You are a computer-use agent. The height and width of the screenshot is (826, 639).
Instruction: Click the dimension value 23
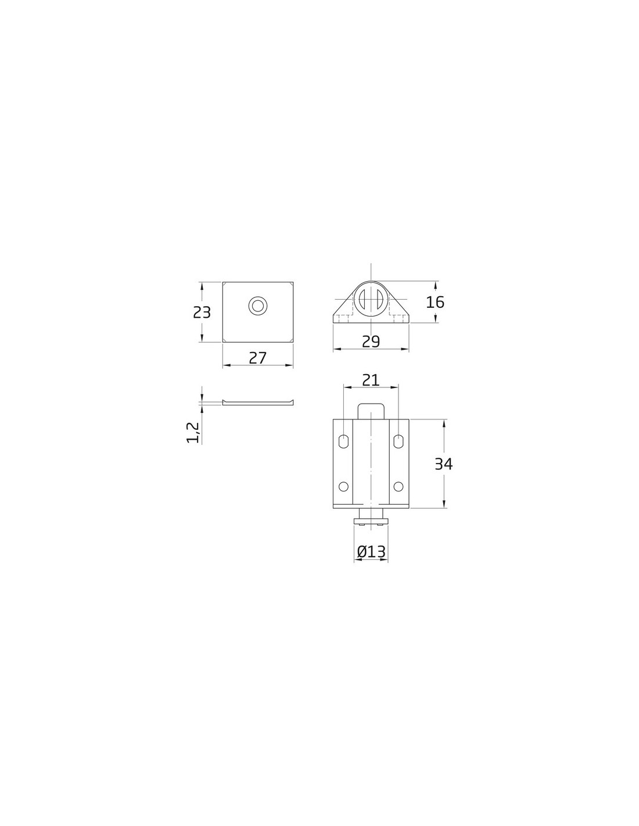click(202, 313)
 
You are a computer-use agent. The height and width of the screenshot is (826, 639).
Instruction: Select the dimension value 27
click(258, 358)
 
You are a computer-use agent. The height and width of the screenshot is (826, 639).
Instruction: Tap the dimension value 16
click(435, 302)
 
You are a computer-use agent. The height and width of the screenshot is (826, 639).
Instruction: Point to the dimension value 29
click(371, 342)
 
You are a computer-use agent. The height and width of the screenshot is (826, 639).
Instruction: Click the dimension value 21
click(371, 380)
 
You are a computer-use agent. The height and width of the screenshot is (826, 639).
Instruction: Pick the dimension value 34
click(444, 464)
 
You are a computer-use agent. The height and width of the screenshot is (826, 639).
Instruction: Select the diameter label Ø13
click(371, 552)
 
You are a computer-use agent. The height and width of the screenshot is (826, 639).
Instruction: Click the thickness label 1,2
click(193, 433)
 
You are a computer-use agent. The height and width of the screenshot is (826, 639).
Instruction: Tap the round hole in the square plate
click(258, 305)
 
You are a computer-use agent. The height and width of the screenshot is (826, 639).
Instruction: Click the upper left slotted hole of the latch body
click(343, 441)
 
